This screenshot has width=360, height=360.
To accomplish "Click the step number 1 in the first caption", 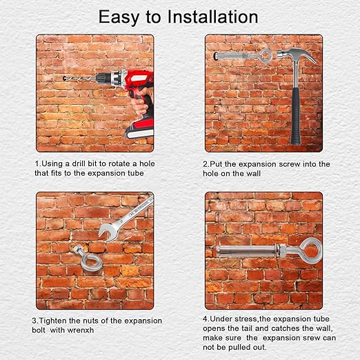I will pyautogui.click(x=37, y=163).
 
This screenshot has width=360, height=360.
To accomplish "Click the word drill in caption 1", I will pyautogui.click(x=79, y=163).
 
